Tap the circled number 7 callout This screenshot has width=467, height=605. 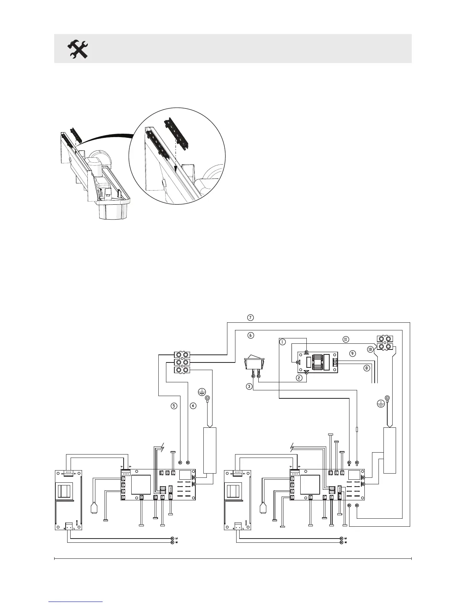[250, 317]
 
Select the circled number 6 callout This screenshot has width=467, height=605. [250, 335]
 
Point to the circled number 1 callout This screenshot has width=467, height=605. [282, 342]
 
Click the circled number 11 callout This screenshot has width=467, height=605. [345, 339]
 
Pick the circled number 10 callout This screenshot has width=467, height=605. [370, 349]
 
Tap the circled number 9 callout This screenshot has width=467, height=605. [353, 354]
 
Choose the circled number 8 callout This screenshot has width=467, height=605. [367, 368]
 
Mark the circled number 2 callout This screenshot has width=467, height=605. [299, 377]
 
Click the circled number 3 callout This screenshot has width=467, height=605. [249, 386]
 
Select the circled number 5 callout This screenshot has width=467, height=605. [174, 406]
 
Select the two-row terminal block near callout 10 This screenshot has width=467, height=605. [385, 343]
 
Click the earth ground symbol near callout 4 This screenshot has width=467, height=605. [202, 391]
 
